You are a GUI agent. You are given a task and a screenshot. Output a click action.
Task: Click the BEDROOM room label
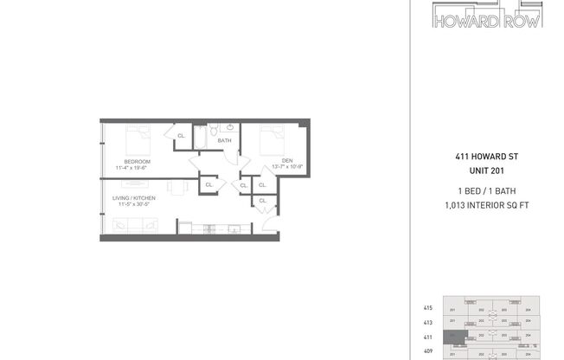point(138,162)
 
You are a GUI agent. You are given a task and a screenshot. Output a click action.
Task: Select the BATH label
point(224,140)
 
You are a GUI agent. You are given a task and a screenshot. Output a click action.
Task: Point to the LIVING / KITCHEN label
point(133,198)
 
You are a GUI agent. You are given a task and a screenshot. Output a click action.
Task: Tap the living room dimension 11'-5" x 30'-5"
point(133,204)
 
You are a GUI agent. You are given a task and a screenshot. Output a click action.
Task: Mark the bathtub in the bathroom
point(201,137)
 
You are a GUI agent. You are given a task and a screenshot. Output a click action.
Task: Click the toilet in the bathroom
point(224,129)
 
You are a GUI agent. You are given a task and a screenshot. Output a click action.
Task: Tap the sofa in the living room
point(130,226)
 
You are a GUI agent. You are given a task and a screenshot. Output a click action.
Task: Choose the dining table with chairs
point(176,186)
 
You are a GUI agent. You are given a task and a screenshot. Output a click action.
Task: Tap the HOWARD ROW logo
point(488,16)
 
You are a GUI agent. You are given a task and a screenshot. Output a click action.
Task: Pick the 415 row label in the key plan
point(427,307)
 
